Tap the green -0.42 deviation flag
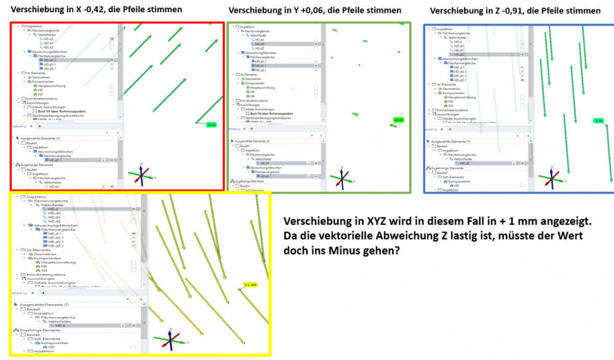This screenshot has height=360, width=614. tap(211, 125)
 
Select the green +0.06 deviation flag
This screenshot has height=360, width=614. tap(399, 120)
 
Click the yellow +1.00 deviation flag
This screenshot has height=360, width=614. tap(250, 285)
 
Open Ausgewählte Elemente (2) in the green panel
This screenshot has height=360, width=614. tap(254, 141)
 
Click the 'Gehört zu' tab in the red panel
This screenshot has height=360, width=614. tap(19, 126)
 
